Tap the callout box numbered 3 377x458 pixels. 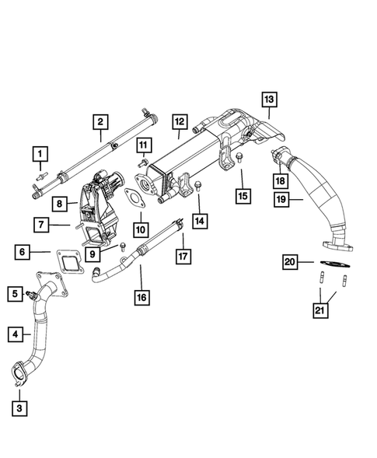pyautogui.click(x=21, y=407)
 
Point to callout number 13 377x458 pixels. pyautogui.click(x=268, y=100)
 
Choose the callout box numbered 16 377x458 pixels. pyautogui.click(x=141, y=297)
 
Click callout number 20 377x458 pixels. pyautogui.click(x=289, y=262)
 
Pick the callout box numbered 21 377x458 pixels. pyautogui.click(x=320, y=312)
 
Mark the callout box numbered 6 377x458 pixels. pyautogui.click(x=23, y=252)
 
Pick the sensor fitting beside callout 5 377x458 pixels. pyautogui.click(x=33, y=295)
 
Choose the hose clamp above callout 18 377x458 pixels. pyautogui.click(x=277, y=156)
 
